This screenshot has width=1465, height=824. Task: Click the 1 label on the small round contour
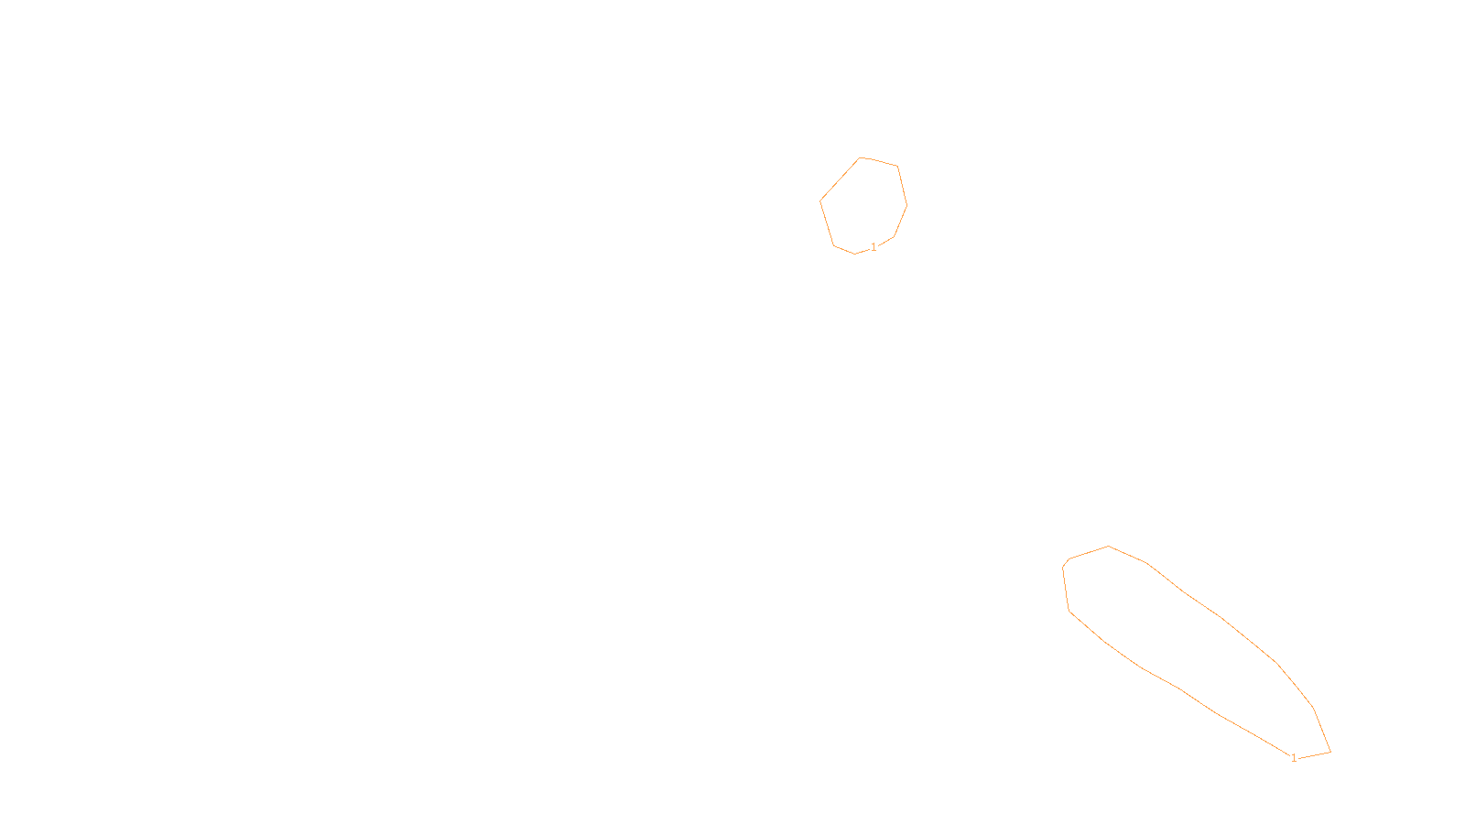tap(874, 247)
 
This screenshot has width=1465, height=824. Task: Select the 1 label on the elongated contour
tap(1294, 758)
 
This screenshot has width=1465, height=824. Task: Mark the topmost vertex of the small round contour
tap(860, 157)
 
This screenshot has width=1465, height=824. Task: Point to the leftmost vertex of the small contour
tap(820, 201)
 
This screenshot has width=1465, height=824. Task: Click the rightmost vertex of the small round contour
tap(906, 205)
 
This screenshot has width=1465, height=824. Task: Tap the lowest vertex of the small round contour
tap(855, 254)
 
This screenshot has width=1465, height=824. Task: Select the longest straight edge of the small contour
tap(840, 179)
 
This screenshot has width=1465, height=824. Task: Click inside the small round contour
tap(863, 205)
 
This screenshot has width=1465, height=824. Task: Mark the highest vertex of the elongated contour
tap(1109, 547)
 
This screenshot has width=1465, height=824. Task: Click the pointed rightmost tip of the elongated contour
tap(1330, 752)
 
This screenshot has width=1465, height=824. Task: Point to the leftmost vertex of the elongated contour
tap(1062, 568)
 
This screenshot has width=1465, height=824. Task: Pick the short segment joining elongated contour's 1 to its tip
tap(1314, 755)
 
